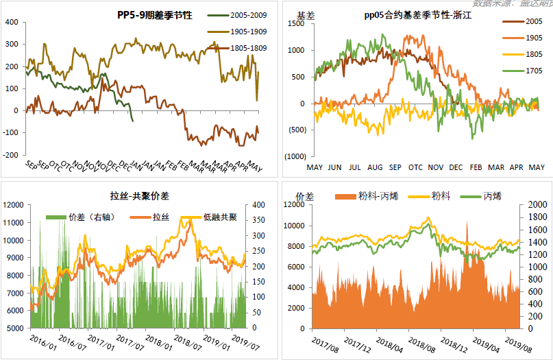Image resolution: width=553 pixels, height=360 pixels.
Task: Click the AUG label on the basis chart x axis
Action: [x=375, y=167]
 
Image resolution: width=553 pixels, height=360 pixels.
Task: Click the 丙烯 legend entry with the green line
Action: [x=491, y=197]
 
